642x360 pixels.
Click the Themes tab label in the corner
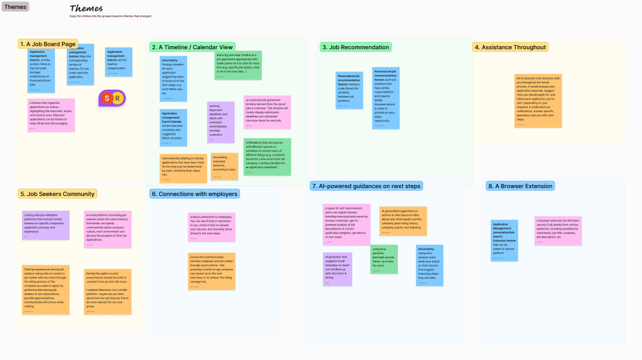pos(15,7)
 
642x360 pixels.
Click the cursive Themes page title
pos(86,8)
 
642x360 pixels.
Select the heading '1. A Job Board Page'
pos(48,44)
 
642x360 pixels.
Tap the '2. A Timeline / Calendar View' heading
pos(192,47)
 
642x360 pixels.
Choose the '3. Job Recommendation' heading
pos(355,47)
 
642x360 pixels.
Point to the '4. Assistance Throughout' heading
pos(510,47)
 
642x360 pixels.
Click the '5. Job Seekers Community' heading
pos(57,194)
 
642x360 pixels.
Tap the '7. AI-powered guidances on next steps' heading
pos(366,186)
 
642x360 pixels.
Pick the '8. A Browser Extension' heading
pos(519,186)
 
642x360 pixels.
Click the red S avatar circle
pos(107,98)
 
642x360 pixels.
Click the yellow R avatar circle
pos(118,98)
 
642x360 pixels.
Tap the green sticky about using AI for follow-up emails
pos(384,259)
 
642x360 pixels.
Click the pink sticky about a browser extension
pos(558,231)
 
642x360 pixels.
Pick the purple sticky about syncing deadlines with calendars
pos(221,122)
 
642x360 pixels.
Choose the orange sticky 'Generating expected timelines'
pos(224,166)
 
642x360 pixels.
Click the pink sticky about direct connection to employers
pos(212,227)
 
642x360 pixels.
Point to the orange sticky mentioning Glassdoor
pos(107,292)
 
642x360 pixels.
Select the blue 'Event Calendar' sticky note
pos(173,127)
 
